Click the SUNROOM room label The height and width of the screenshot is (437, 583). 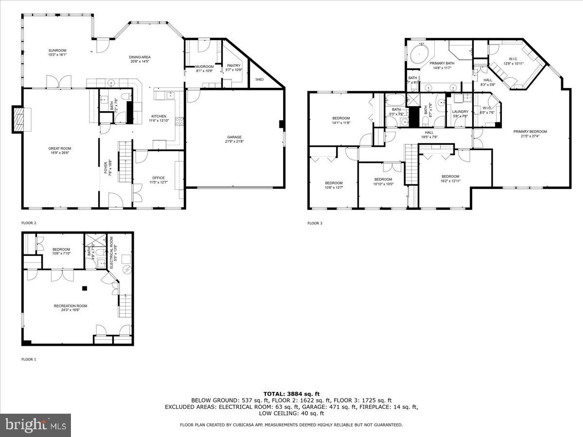[57, 50]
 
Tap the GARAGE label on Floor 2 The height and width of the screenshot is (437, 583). [233, 137]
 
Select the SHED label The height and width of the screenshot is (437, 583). [260, 79]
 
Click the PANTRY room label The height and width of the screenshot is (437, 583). [234, 66]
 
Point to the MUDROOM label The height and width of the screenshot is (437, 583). [204, 67]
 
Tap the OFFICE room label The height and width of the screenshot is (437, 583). [158, 178]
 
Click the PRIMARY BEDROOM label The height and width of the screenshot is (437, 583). [531, 132]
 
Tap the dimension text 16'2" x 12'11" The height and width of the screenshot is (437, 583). [450, 181]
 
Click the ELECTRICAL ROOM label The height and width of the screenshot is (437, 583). [111, 247]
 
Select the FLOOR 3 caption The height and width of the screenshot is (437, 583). [314, 223]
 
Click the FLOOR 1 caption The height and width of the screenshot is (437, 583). [29, 360]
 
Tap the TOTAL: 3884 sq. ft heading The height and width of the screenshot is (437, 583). [291, 394]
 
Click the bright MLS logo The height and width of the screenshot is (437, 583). [35, 425]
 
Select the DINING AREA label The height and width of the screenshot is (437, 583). [140, 57]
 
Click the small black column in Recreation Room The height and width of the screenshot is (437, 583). [85, 288]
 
